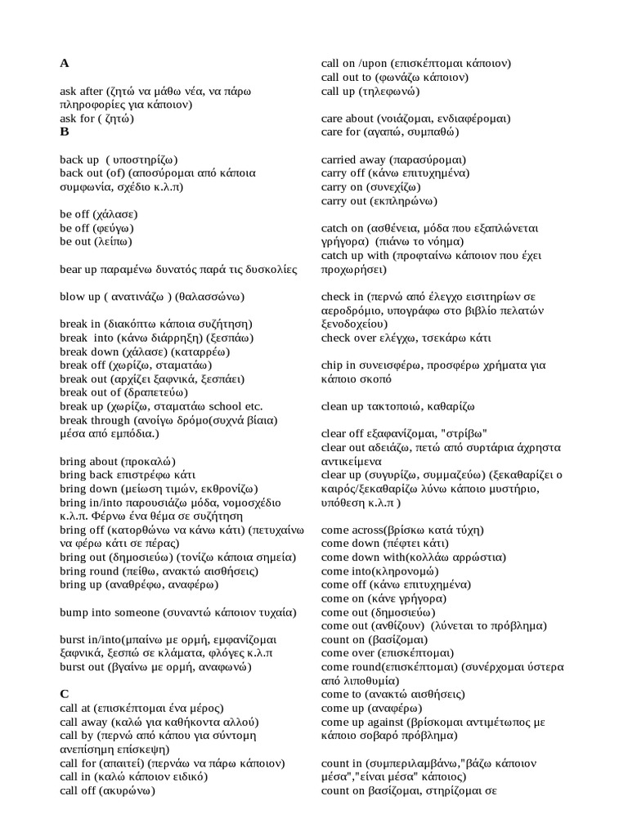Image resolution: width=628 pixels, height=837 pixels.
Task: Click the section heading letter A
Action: tap(65, 63)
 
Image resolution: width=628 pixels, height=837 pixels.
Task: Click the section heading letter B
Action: tap(64, 131)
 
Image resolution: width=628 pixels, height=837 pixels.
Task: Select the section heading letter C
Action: tap(65, 694)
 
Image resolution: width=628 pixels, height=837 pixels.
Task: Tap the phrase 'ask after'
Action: tap(81, 92)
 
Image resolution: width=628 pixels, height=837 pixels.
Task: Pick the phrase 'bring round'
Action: tap(89, 572)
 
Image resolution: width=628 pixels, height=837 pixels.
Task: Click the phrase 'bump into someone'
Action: tap(109, 612)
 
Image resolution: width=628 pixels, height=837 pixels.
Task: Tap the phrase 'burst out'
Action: tap(82, 667)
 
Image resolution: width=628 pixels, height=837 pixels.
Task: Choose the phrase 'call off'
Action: tap(78, 791)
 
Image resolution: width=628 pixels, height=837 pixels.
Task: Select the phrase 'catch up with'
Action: tap(355, 256)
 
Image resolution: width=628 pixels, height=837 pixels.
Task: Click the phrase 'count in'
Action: tap(343, 763)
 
